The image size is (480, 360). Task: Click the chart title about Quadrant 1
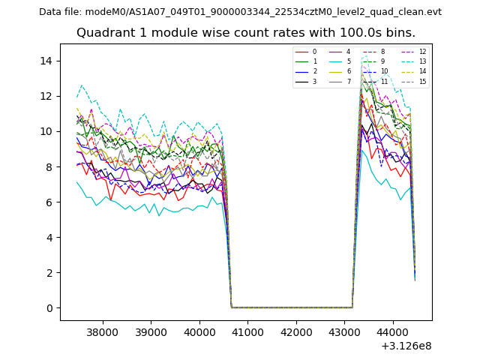tap(245, 33)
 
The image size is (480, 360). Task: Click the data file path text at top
tap(240, 12)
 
